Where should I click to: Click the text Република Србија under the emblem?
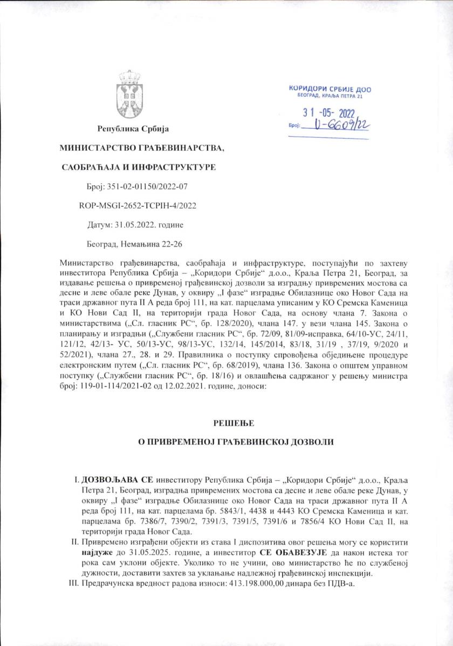pyautogui.click(x=133, y=129)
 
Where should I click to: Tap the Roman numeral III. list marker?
pyautogui.click(x=74, y=584)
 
